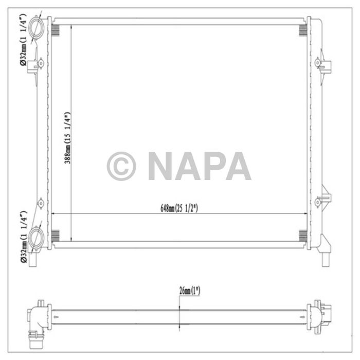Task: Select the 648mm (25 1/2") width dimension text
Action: tap(179, 208)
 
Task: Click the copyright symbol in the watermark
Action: tap(121, 166)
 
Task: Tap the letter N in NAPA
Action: tap(162, 166)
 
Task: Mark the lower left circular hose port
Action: tap(38, 238)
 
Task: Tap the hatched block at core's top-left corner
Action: tap(56, 29)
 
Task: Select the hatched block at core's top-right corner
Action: tap(303, 29)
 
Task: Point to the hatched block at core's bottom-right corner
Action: tap(303, 236)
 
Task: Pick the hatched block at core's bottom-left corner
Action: tap(56, 236)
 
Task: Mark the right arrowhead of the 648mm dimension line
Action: tap(305, 213)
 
